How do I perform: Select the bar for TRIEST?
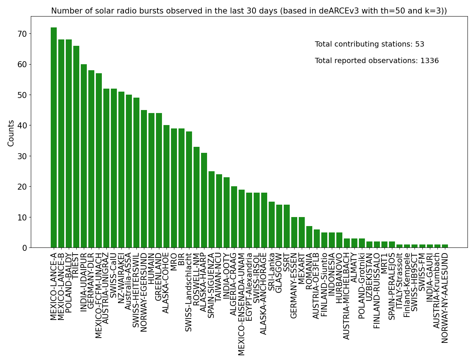click(76, 147)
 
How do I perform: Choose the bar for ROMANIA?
click(309, 237)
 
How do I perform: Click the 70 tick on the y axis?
click(22, 34)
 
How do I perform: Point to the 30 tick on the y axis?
click(22, 156)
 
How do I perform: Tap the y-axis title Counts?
click(11, 133)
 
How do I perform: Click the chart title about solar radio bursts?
click(249, 11)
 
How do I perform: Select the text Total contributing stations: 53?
click(369, 44)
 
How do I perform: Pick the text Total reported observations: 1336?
click(377, 61)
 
